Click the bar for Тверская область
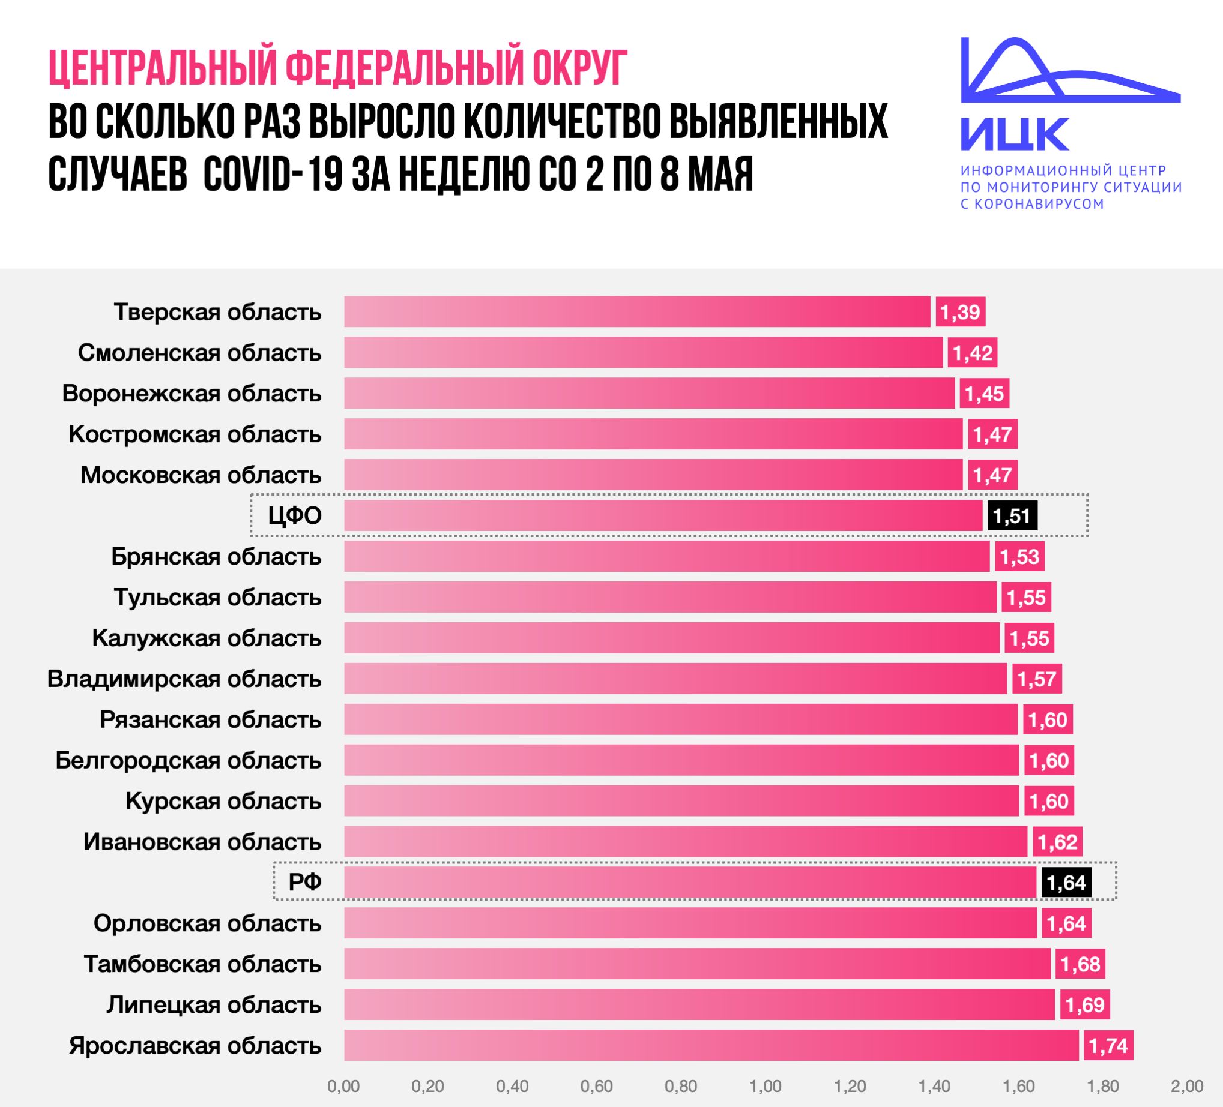(x=637, y=311)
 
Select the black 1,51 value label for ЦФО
(x=1012, y=516)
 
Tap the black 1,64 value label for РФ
(x=1066, y=883)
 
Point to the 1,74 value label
(x=1108, y=1046)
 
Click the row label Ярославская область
(x=195, y=1046)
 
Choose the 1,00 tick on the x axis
(x=765, y=1087)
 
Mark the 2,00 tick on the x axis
(x=1186, y=1087)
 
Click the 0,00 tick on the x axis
(x=343, y=1087)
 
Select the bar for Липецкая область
(x=698, y=1005)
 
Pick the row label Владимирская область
(x=184, y=679)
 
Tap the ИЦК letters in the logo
(x=1014, y=134)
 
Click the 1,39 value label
(x=960, y=312)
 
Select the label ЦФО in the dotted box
(x=295, y=516)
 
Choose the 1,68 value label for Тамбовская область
(x=1081, y=965)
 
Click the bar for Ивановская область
(x=686, y=842)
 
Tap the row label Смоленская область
(x=199, y=353)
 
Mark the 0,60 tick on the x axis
(x=596, y=1087)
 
